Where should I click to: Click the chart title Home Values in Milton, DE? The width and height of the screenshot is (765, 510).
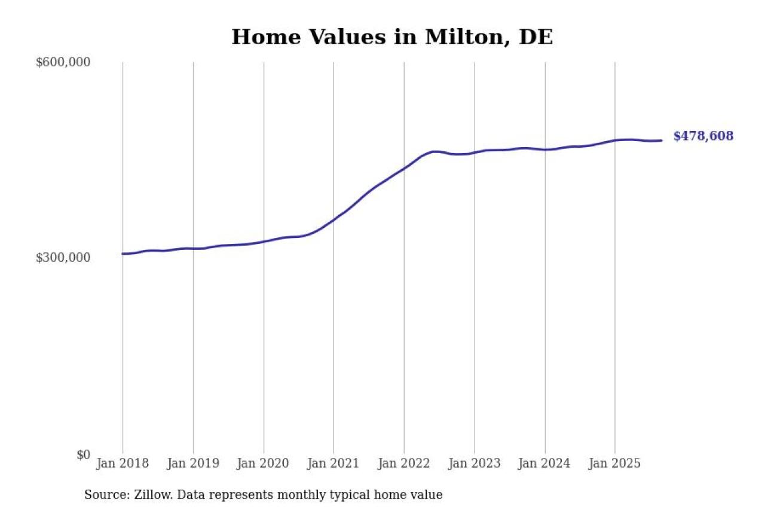click(x=392, y=37)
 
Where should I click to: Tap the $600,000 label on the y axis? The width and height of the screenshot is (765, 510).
click(x=63, y=62)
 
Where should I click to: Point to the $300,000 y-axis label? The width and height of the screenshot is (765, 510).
click(x=63, y=258)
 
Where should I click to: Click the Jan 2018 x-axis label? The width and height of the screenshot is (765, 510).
click(x=123, y=463)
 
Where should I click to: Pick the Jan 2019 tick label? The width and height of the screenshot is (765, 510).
click(x=193, y=463)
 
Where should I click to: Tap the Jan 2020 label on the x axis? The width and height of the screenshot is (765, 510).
click(x=264, y=463)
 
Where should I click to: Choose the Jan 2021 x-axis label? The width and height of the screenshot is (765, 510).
click(x=333, y=463)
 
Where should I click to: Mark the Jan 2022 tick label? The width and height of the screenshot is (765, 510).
click(x=404, y=463)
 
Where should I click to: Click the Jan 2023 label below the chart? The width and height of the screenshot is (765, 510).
click(x=475, y=463)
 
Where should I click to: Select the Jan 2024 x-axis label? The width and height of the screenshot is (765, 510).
click(x=544, y=463)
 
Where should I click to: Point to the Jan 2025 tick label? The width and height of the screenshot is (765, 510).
click(x=615, y=463)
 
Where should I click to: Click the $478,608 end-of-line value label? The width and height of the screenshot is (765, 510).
click(x=703, y=136)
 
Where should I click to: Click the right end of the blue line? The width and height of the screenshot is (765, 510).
click(x=661, y=141)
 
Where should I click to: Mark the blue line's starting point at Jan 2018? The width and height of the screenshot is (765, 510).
click(x=123, y=254)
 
